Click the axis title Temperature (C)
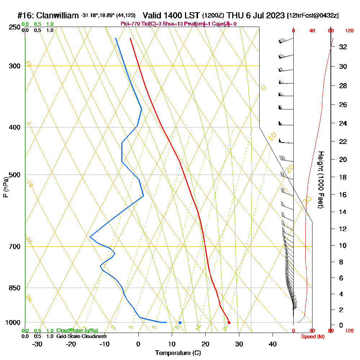178,353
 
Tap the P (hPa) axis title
5,187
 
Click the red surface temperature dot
229,323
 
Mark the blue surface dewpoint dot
180,323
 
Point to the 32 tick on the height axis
343,47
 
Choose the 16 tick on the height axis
343,195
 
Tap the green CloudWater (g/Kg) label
77,330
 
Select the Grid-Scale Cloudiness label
81,336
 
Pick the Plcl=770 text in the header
130,24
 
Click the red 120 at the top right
349,31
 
